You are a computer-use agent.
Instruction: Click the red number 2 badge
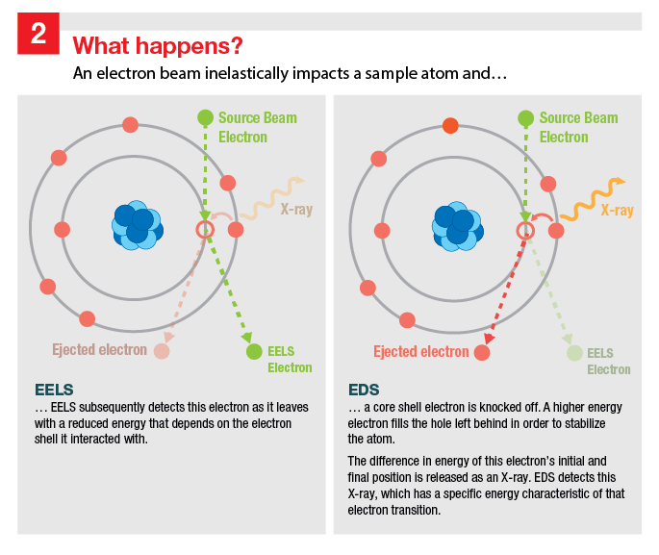[38, 34]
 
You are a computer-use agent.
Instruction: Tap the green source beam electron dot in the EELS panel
[205, 118]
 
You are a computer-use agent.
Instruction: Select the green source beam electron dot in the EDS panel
[525, 118]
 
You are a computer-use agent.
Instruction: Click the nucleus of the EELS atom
[137, 227]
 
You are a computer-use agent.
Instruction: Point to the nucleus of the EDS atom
[457, 227]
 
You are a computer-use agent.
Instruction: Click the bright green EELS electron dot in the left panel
[254, 352]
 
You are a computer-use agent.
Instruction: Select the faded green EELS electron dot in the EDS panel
[574, 352]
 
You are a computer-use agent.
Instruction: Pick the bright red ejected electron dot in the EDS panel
[482, 352]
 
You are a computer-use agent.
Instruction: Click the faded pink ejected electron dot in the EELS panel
[162, 352]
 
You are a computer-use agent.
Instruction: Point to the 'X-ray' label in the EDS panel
[617, 211]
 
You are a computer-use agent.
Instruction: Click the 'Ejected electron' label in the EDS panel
[421, 351]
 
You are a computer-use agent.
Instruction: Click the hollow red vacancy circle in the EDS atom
[525, 230]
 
